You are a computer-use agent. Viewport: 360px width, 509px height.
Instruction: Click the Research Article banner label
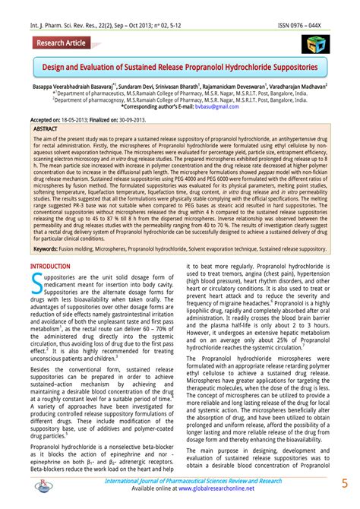[60, 44]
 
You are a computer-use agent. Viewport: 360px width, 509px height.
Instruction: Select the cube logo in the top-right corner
[314, 44]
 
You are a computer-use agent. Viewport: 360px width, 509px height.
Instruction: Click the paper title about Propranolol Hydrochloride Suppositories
[180, 67]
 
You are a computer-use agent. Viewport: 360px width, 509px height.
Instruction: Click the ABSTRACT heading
[46, 129]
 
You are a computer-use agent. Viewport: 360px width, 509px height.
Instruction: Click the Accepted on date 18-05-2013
[81, 121]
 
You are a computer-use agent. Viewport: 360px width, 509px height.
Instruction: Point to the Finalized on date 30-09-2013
[152, 121]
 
